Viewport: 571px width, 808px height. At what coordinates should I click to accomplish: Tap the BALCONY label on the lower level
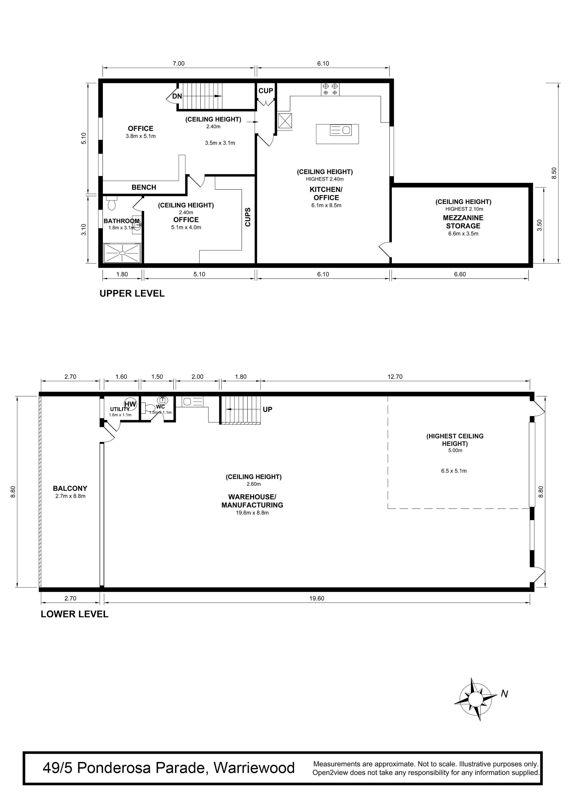click(70, 488)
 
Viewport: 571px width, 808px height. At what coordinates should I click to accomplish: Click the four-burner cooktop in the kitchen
click(330, 89)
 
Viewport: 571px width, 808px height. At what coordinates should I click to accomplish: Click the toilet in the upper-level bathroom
click(112, 203)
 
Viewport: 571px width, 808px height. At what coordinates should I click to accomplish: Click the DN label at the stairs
click(177, 96)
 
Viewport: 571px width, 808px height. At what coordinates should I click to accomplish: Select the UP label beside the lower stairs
click(267, 409)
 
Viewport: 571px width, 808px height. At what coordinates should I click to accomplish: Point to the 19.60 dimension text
click(317, 598)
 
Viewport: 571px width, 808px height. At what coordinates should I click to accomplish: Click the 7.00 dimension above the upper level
click(178, 64)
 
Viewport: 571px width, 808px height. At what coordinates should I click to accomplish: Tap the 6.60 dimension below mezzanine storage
click(460, 274)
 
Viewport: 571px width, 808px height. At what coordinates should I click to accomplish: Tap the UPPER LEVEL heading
click(132, 293)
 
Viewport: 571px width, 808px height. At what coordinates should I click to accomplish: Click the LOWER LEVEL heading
click(75, 614)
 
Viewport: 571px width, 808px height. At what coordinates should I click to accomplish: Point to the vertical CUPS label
click(248, 217)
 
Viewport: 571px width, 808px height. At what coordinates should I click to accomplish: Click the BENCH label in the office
click(144, 187)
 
